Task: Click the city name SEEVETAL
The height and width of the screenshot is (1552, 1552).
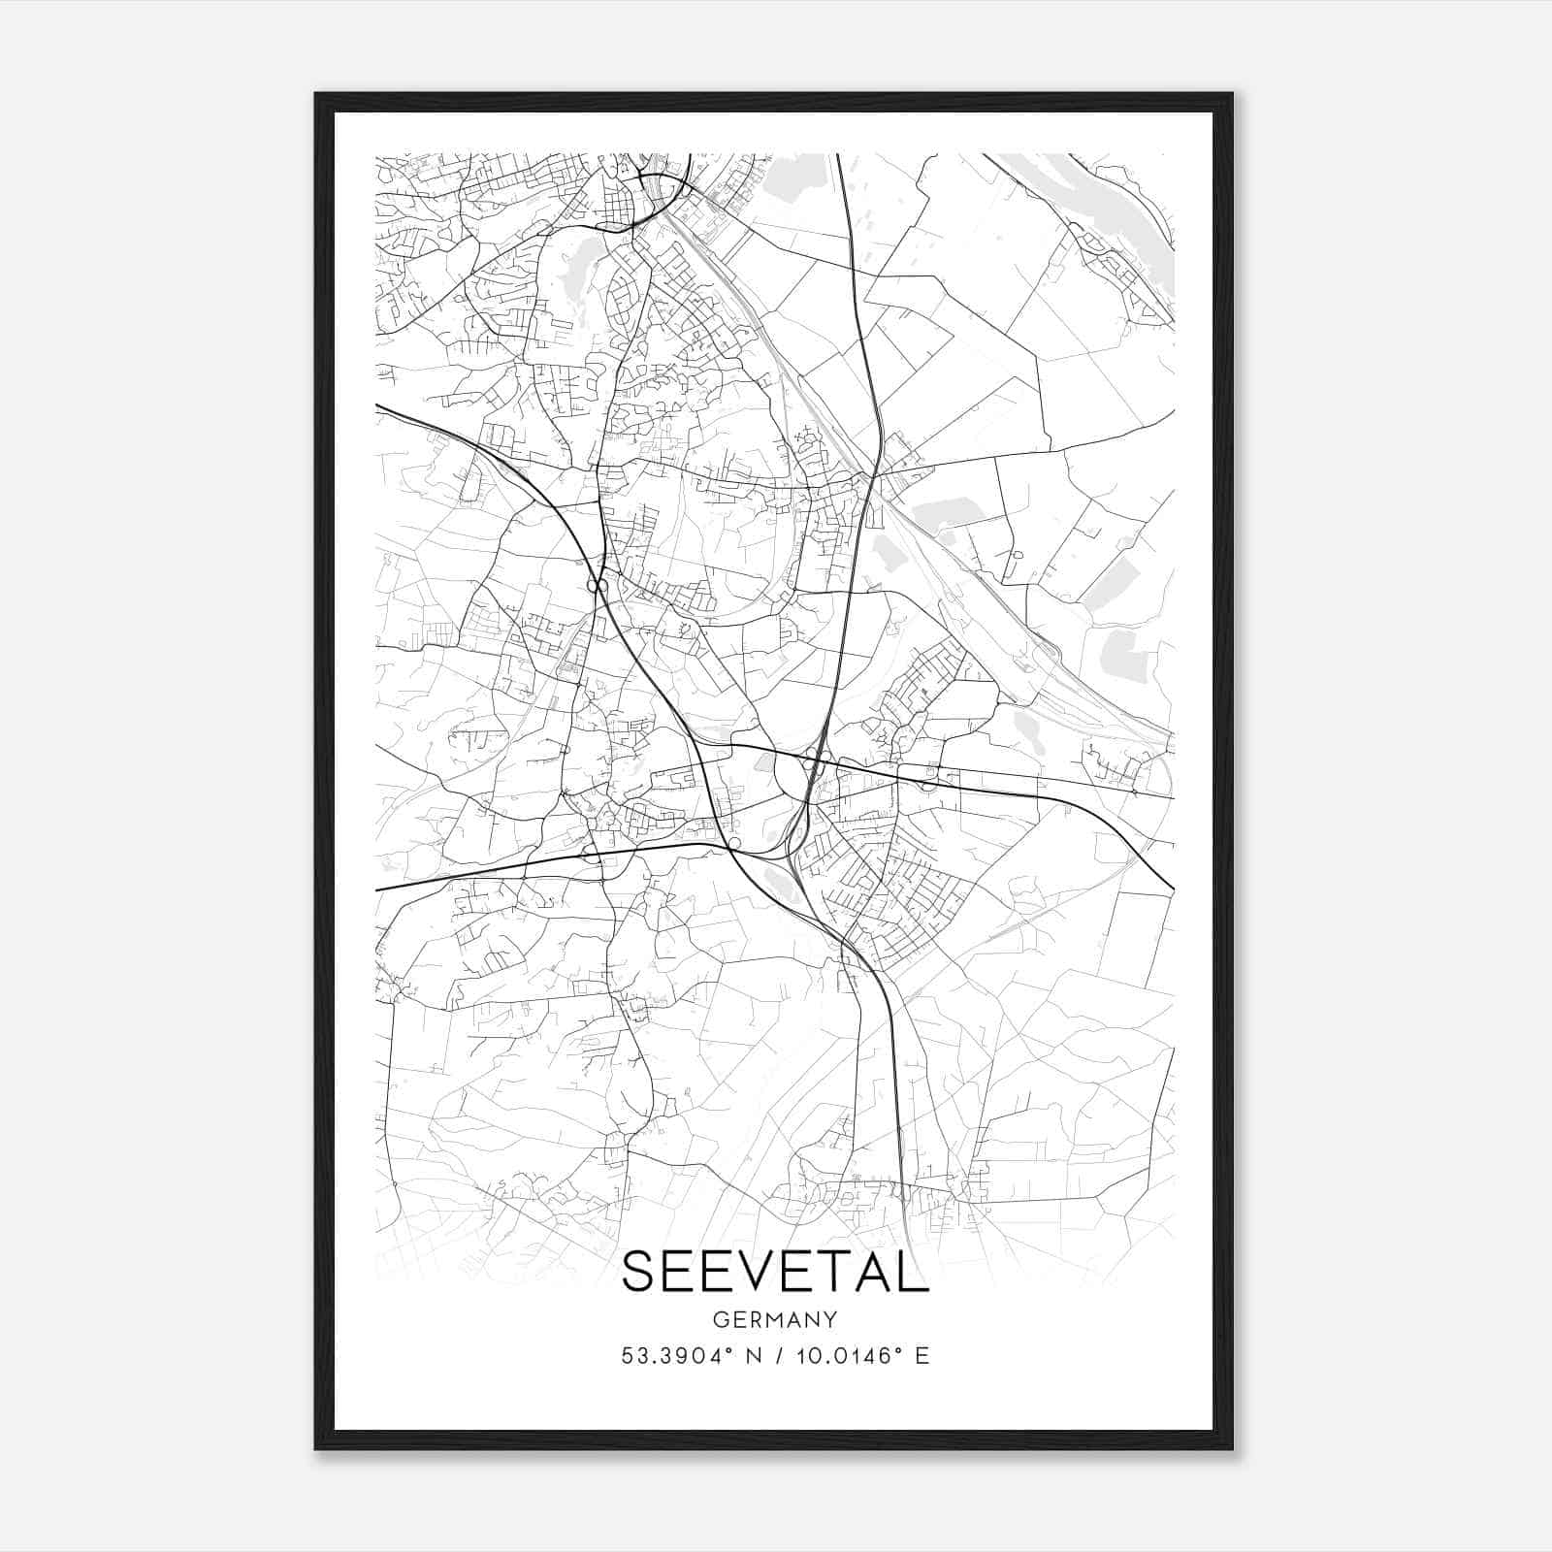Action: click(x=775, y=1272)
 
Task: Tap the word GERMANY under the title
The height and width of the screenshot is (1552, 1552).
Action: click(x=775, y=1320)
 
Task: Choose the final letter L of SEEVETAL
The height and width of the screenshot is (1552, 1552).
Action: click(x=914, y=1272)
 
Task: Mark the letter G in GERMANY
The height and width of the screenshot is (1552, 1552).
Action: click(x=720, y=1320)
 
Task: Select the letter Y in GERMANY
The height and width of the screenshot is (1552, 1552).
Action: click(x=830, y=1320)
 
